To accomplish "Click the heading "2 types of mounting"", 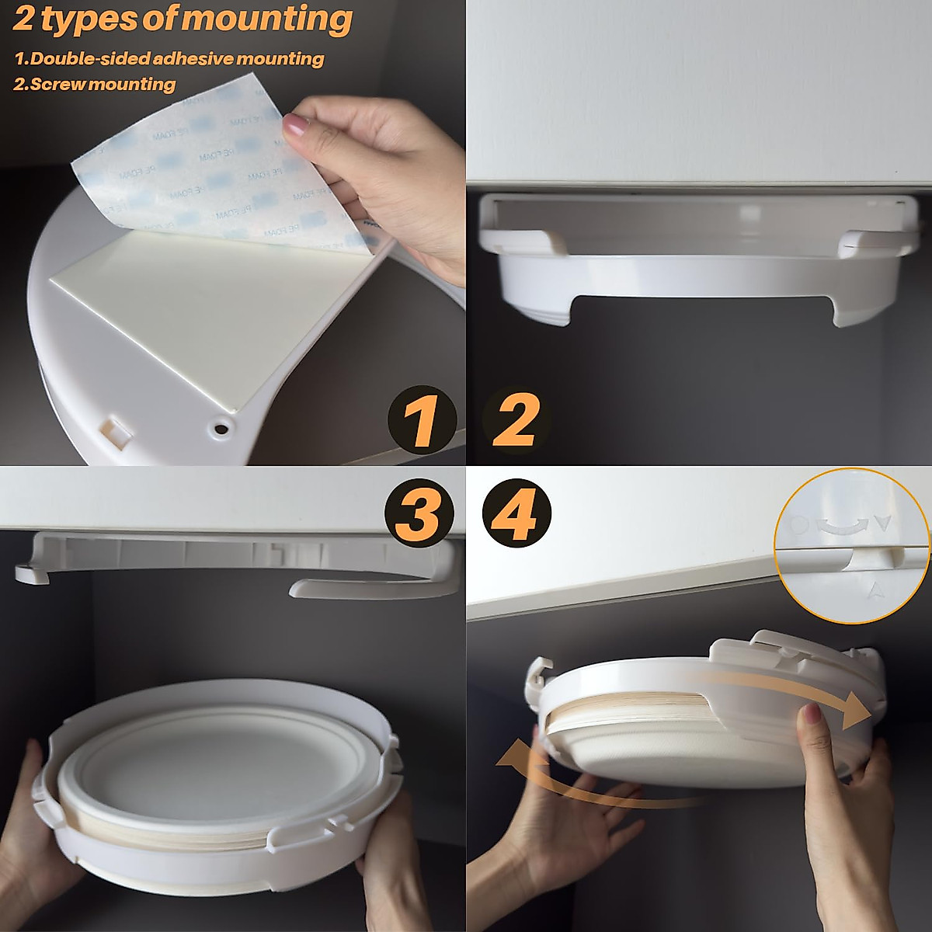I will [183, 19].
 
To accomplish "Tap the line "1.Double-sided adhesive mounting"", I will [169, 59].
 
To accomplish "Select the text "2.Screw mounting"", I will [95, 84].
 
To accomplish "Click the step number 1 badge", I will [422, 420].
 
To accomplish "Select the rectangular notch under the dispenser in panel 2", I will [703, 307].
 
